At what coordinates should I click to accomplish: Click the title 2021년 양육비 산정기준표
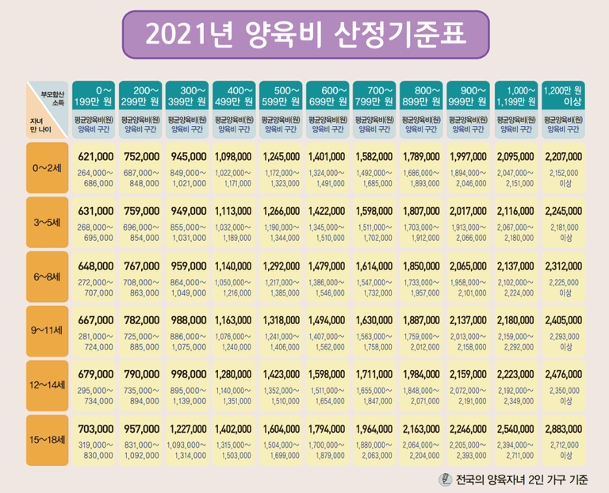tap(305, 35)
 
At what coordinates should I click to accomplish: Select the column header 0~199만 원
tap(94, 96)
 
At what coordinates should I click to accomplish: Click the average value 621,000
tap(96, 157)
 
